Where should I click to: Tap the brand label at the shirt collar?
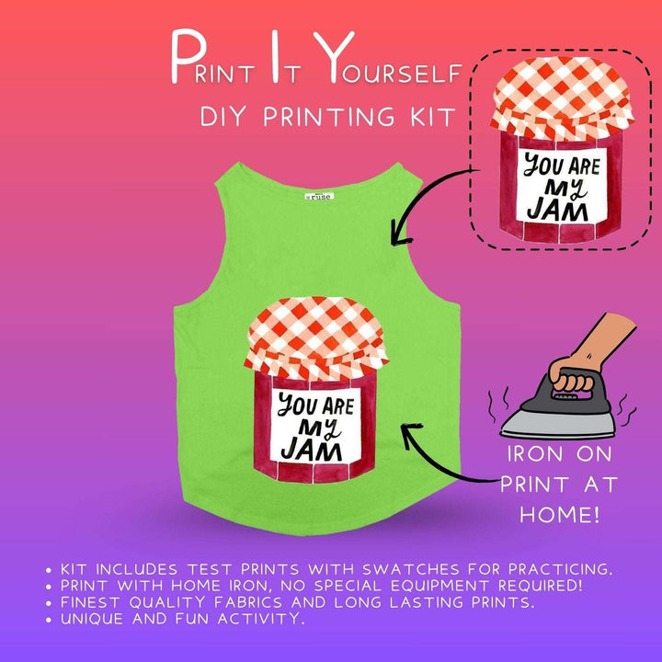coord(319,196)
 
